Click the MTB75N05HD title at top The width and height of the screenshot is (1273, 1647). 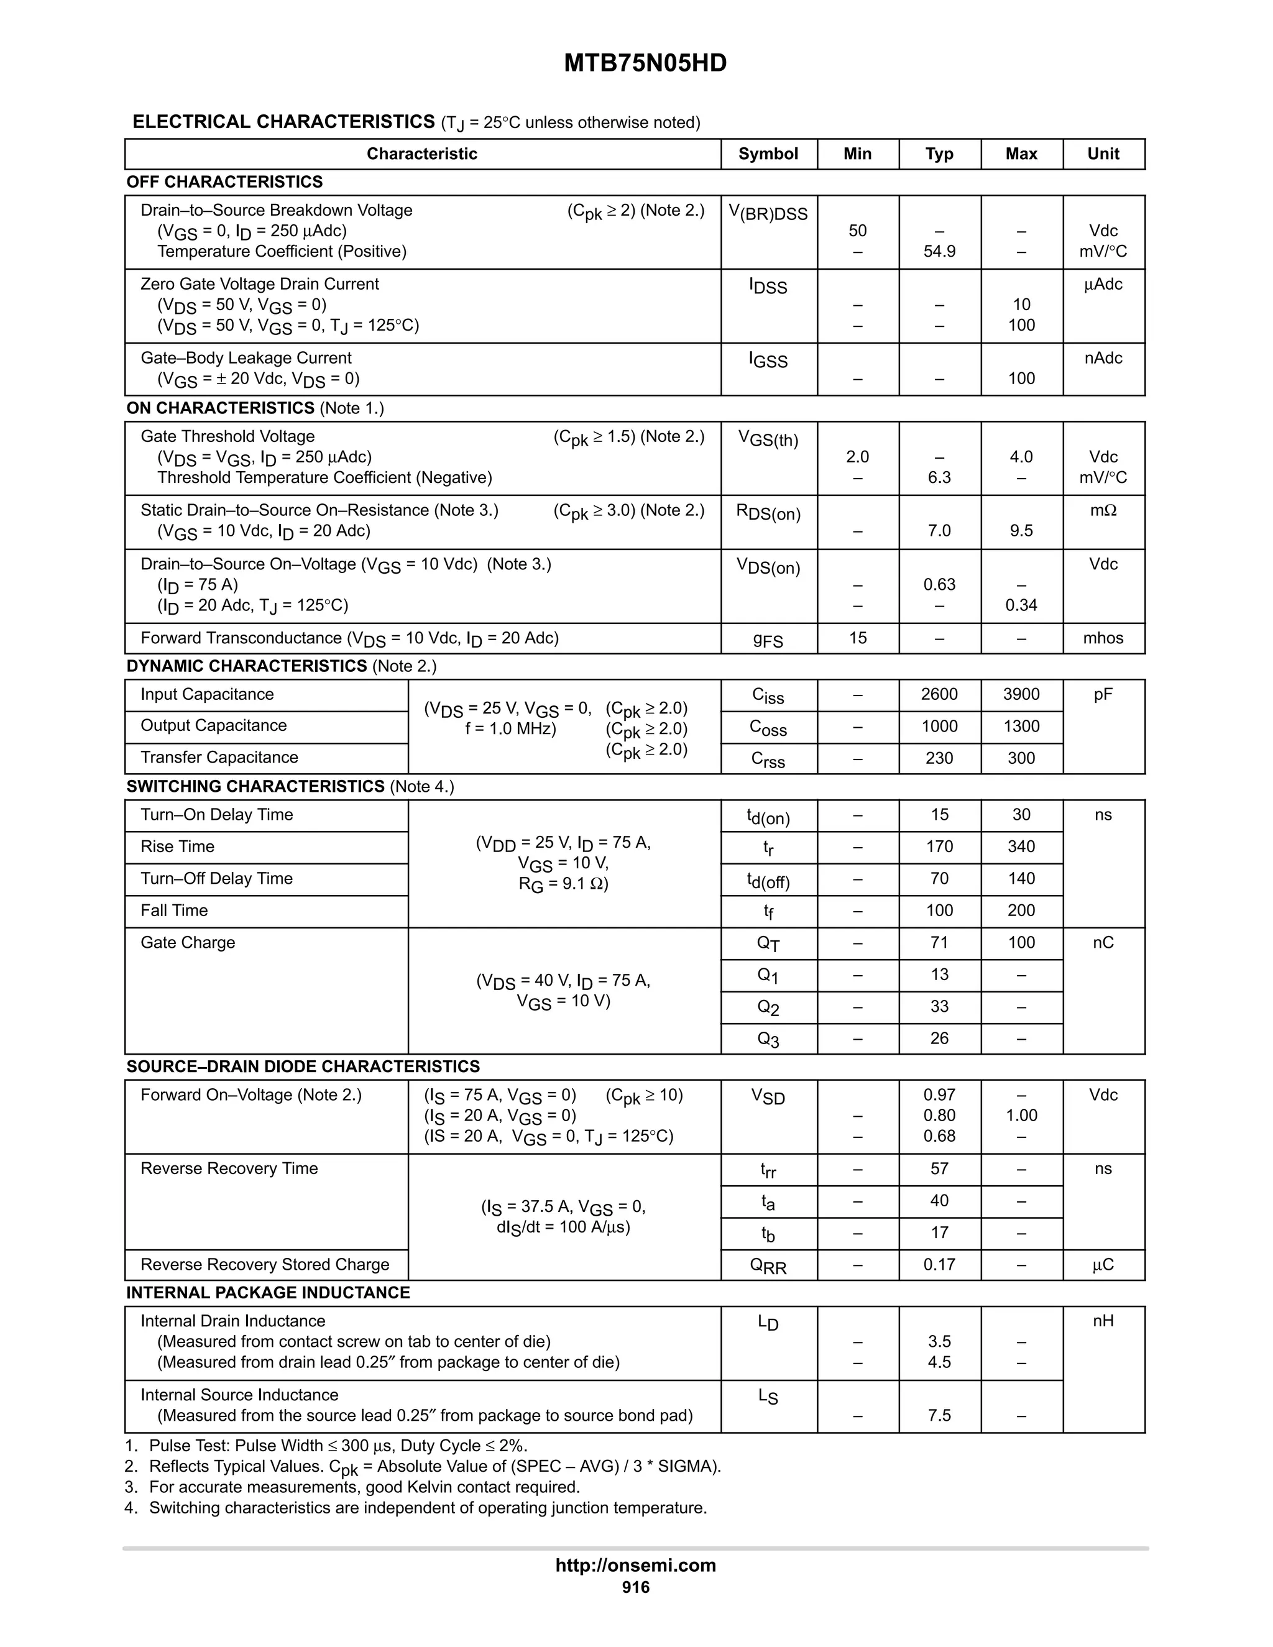645,63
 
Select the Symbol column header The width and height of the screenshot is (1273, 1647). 768,154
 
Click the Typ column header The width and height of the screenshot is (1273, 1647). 939,154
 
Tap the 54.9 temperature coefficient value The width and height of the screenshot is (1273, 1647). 939,251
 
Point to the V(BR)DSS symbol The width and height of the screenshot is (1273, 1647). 768,213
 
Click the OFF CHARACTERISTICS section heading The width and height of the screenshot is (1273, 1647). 224,181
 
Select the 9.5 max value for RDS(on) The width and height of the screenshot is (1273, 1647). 1021,530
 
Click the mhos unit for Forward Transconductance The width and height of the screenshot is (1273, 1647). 1103,638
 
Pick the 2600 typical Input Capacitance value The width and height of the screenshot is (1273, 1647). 939,694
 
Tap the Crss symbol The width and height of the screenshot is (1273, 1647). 768,759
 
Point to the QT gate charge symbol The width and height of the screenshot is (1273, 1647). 768,943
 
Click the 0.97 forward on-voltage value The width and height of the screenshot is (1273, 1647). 939,1094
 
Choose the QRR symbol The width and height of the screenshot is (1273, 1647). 768,1265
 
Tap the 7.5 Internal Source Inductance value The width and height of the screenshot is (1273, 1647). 939,1415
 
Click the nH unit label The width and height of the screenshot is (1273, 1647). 1103,1321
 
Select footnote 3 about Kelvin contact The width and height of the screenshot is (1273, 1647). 364,1487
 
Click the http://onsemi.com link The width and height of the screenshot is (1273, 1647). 635,1565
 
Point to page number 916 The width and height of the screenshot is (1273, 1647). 635,1587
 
